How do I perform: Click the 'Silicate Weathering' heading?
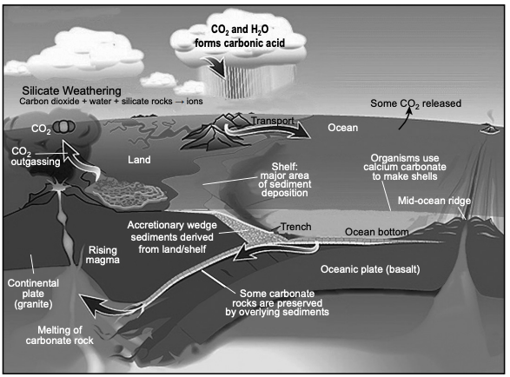coord(71,90)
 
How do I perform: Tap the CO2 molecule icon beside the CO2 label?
coord(64,127)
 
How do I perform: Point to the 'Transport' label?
coord(273,121)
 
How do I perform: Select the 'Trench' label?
coord(295,227)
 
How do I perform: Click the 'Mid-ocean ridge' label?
coord(434,201)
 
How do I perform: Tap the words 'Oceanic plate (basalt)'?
coord(370,269)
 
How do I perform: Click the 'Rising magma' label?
coord(103,255)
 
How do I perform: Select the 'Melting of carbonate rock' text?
coord(60,335)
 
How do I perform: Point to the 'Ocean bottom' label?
coord(377,232)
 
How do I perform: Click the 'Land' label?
coord(139,160)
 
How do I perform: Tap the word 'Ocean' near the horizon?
coord(343,128)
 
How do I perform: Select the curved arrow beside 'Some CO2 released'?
coord(405,119)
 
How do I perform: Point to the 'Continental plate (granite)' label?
coord(33,294)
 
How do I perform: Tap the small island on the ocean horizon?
coord(489,129)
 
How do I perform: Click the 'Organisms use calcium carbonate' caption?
coord(405,167)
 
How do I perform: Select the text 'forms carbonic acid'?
coord(240,43)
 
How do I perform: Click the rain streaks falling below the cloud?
coord(248,82)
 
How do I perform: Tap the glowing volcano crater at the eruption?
coord(58,188)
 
